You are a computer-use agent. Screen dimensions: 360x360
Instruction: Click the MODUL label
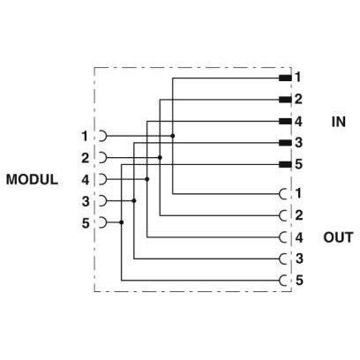click(x=32, y=179)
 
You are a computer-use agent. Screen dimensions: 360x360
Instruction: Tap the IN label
click(x=339, y=122)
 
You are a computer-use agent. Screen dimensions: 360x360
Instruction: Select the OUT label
click(x=338, y=237)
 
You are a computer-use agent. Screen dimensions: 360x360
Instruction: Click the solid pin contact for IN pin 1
click(x=285, y=78)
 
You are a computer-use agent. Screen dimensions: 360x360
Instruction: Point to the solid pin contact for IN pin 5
click(x=285, y=164)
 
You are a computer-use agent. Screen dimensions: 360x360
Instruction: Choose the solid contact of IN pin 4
click(x=285, y=121)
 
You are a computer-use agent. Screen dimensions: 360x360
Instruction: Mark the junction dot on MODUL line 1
click(x=173, y=136)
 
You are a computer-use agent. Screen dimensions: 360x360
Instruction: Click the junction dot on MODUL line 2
click(x=160, y=158)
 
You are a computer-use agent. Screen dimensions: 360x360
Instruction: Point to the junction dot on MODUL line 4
click(x=147, y=179)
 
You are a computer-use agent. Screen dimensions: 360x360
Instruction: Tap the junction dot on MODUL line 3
click(x=134, y=200)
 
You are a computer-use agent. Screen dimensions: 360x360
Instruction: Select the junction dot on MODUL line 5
click(x=122, y=222)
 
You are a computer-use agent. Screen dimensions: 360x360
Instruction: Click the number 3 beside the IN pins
click(x=298, y=143)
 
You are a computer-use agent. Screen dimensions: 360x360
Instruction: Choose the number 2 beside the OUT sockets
click(x=299, y=215)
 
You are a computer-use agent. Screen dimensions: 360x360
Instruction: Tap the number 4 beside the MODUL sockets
click(x=86, y=179)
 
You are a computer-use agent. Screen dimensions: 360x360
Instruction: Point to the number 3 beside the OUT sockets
click(x=299, y=259)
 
